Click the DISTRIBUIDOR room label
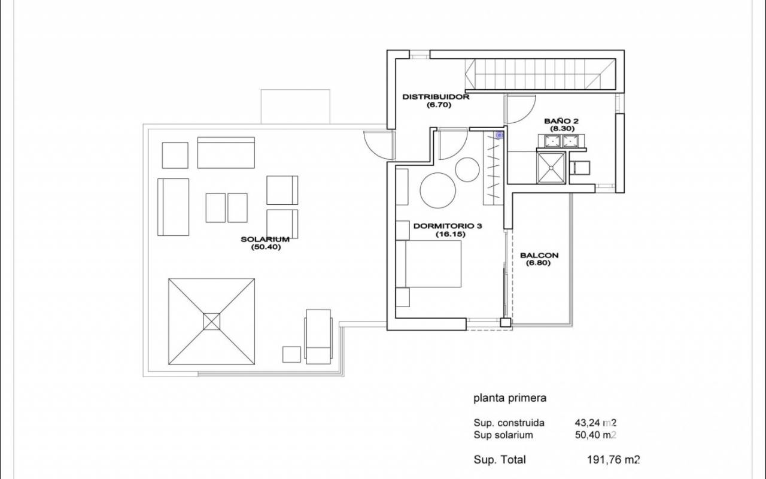click(436, 97)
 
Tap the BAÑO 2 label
click(561, 121)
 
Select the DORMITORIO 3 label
click(448, 226)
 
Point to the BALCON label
click(539, 255)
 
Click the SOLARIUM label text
click(265, 239)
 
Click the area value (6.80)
click(538, 263)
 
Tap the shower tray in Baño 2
click(551, 168)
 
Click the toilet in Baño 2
click(580, 168)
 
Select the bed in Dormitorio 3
click(428, 264)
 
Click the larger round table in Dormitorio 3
click(437, 190)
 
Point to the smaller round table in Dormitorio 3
click(467, 169)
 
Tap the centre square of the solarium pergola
click(212, 322)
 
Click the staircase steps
click(540, 74)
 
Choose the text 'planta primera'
click(510, 398)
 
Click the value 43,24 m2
click(595, 423)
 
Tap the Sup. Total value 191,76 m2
click(613, 459)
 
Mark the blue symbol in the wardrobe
click(499, 135)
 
